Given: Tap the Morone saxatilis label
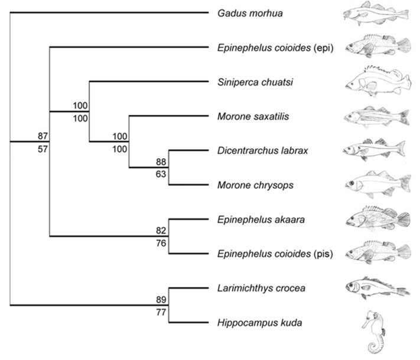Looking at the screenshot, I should point(246,116).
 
